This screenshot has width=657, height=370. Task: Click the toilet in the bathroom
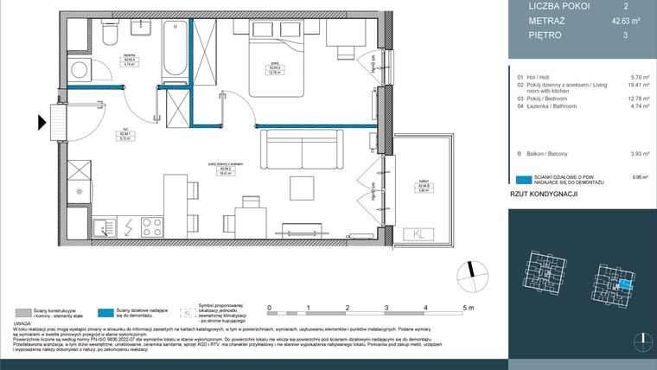(108, 33)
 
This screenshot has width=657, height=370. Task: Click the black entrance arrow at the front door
(41, 123)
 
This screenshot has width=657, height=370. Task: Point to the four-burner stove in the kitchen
(153, 226)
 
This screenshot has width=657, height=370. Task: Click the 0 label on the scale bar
(270, 307)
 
